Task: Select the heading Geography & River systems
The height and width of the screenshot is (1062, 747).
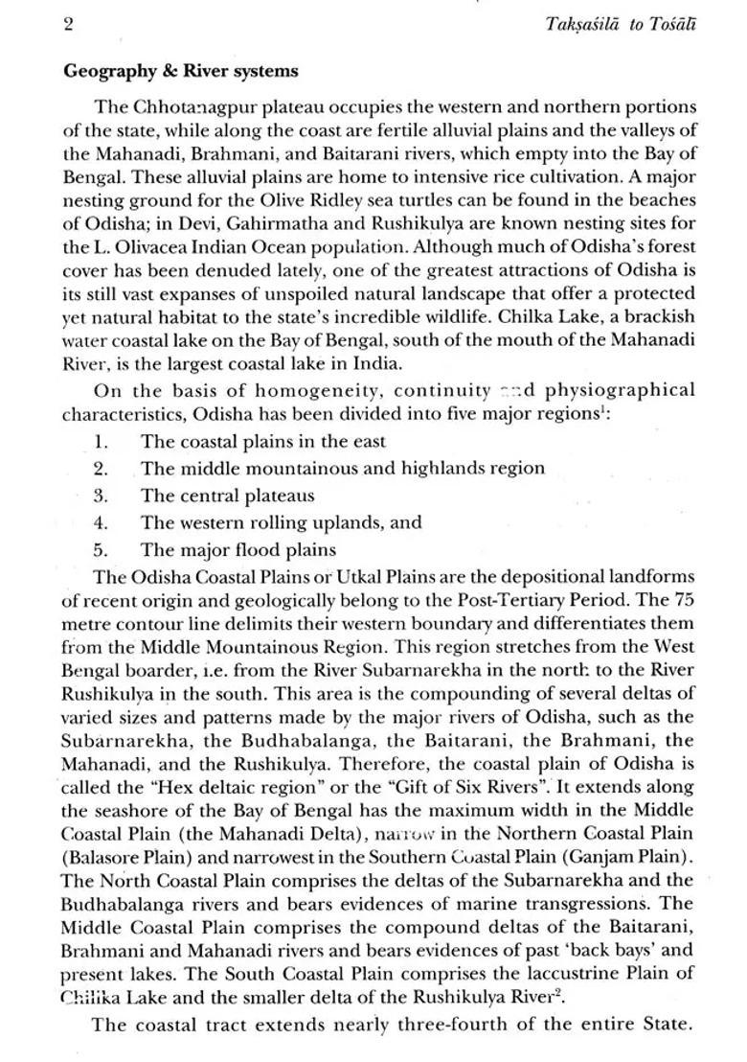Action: click(180, 71)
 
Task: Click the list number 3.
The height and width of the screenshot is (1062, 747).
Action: click(101, 496)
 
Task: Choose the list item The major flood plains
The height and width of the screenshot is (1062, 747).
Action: click(238, 549)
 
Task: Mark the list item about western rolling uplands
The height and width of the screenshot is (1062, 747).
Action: click(281, 522)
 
